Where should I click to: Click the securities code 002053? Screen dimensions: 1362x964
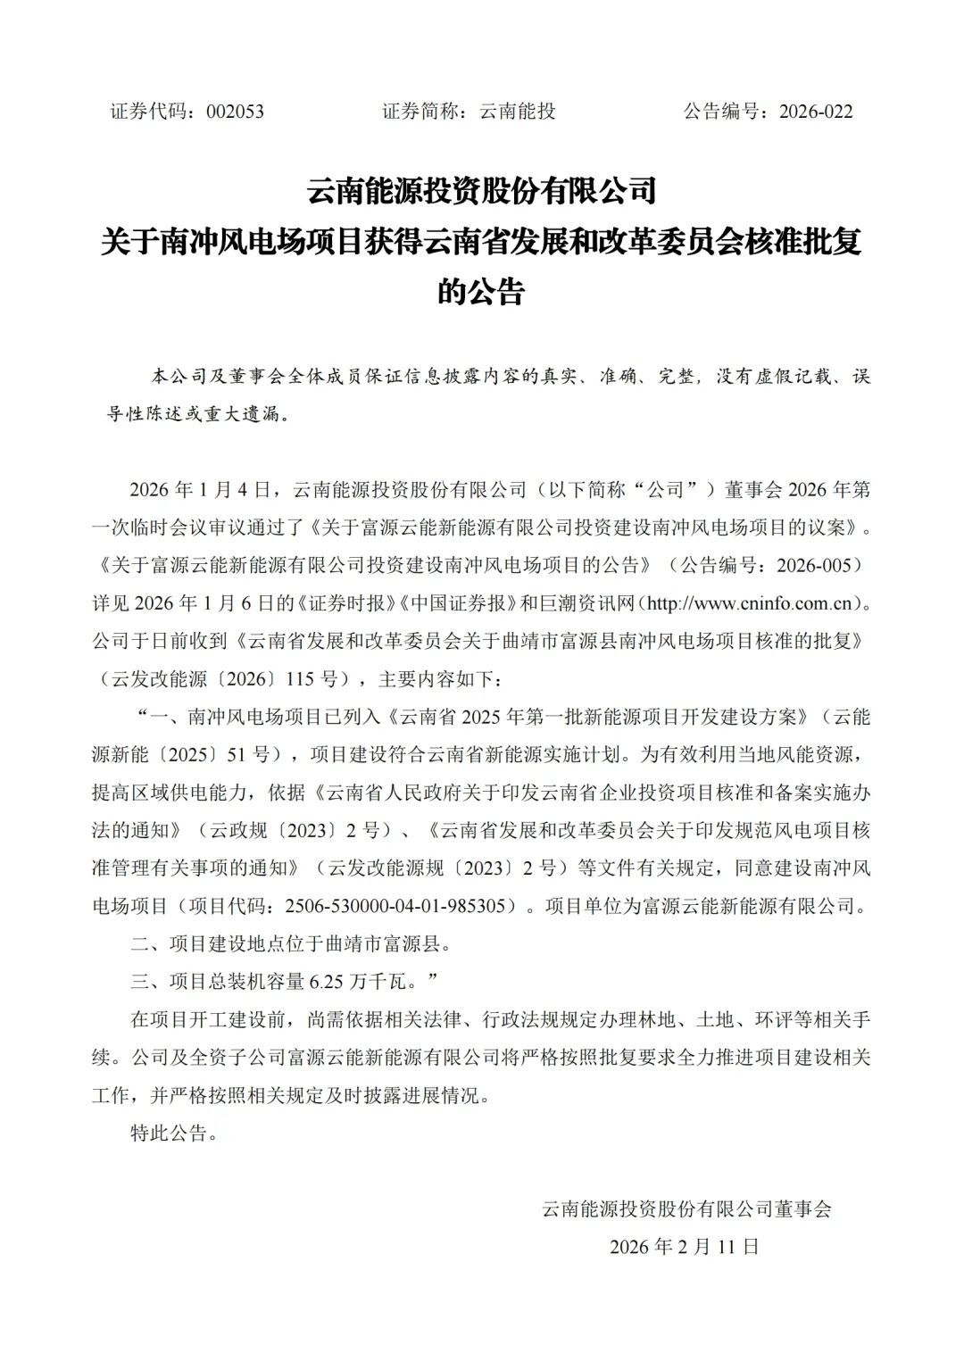[234, 112]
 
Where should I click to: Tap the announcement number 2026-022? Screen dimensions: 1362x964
[816, 112]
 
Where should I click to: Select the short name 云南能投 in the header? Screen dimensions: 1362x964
[518, 112]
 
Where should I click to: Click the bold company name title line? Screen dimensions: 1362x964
[481, 191]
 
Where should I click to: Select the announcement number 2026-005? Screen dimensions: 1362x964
[819, 565]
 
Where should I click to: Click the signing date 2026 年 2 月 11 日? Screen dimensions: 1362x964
[685, 1247]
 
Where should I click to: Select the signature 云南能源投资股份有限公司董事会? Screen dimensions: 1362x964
[686, 1209]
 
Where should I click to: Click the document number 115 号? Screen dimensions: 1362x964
[312, 679]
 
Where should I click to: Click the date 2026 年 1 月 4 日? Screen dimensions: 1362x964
[199, 490]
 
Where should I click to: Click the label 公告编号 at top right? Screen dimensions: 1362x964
[725, 112]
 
